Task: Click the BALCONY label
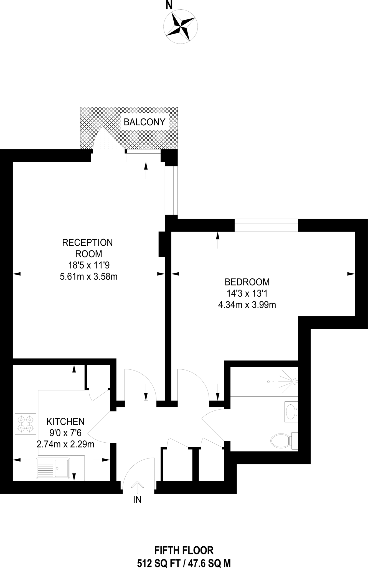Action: [x=144, y=122]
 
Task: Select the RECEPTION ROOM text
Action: [x=88, y=248]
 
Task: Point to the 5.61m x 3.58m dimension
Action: [x=89, y=277]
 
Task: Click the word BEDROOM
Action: [x=247, y=282]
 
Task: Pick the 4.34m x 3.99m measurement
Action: [x=247, y=305]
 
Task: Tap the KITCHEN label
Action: [x=65, y=422]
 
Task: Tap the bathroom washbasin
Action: [x=291, y=412]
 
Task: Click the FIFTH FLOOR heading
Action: [x=184, y=550]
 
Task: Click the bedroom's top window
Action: [x=266, y=225]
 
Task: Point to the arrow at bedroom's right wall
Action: [x=347, y=274]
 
